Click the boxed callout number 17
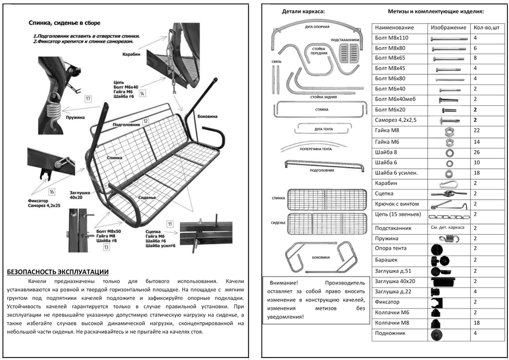[88, 98]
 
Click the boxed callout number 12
[145, 121]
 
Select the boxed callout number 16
[52, 192]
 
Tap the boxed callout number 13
[106, 247]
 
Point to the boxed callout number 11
[169, 224]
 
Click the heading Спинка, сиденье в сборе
[64, 23]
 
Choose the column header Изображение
[448, 27]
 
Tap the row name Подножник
[389, 334]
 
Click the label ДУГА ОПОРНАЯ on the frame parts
[317, 26]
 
